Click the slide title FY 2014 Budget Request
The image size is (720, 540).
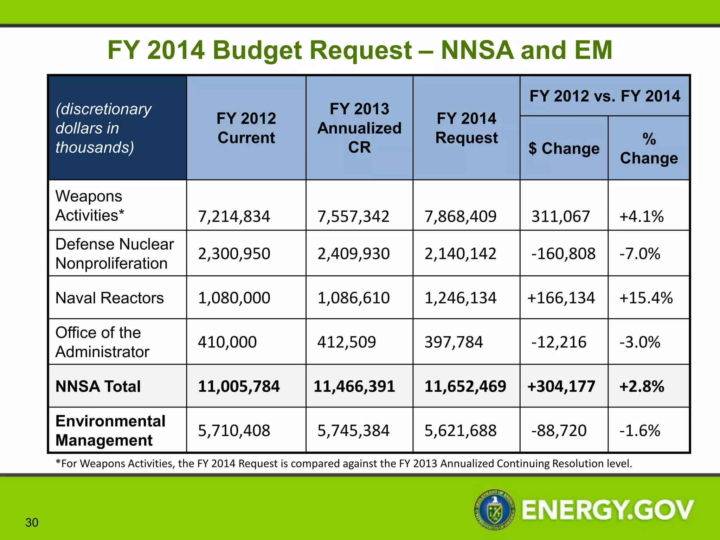point(360,50)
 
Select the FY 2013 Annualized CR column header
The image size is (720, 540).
point(359,128)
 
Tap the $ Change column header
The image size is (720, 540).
point(564,148)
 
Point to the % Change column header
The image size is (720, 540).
point(649,148)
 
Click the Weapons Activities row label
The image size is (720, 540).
point(90,206)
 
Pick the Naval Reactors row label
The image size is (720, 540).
point(110,298)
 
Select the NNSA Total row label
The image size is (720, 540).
point(98,386)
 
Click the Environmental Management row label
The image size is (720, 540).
point(110,431)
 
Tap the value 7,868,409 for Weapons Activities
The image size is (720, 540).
point(461,216)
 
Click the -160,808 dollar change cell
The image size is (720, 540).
point(563,254)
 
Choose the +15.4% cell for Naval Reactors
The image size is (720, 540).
point(646,298)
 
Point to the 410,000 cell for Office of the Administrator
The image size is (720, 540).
point(227,342)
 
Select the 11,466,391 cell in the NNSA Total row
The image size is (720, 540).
point(354,386)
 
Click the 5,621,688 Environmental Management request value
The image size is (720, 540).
point(461,431)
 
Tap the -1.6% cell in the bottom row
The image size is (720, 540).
point(640,431)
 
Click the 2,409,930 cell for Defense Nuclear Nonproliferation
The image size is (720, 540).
point(354,254)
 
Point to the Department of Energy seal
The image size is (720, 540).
point(495,509)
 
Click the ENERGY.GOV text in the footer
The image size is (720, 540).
point(607,510)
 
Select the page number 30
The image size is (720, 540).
point(32,523)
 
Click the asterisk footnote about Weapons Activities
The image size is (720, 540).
point(344,464)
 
